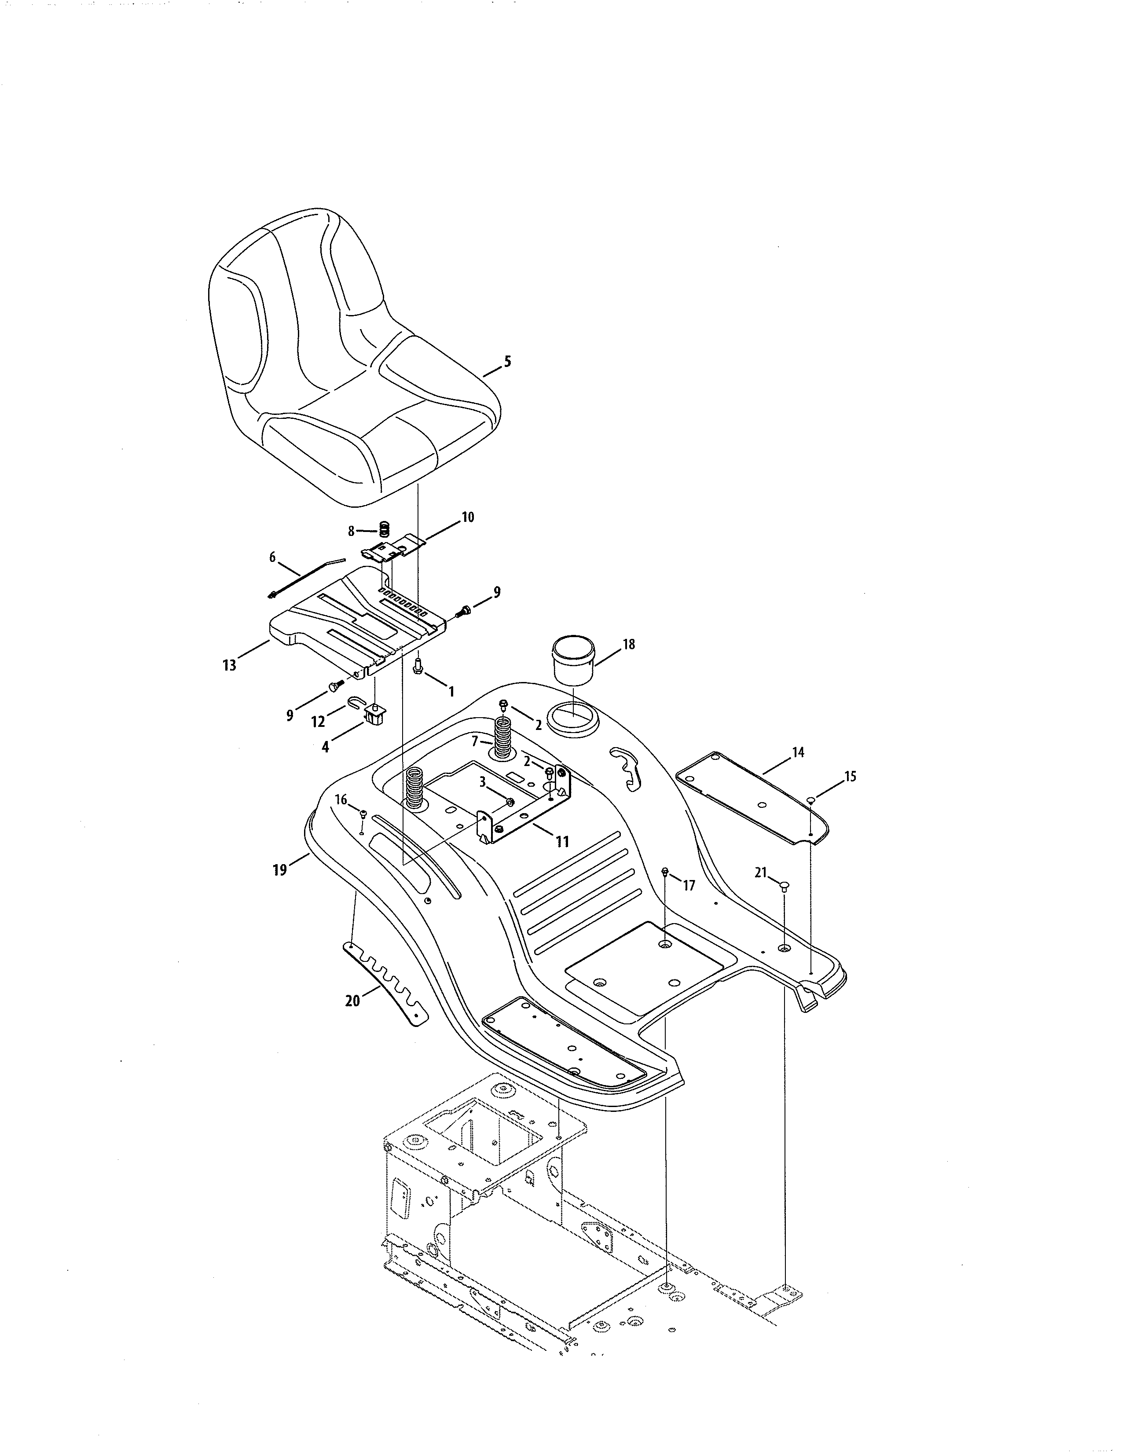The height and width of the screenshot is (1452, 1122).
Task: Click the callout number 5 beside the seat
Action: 508,362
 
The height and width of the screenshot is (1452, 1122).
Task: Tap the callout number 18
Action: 629,644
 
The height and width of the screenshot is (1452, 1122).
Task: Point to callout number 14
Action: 798,752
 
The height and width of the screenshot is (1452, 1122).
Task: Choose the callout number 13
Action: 229,665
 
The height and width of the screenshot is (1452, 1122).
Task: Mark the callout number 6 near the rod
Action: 272,557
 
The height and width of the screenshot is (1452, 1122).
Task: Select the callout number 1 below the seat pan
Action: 451,691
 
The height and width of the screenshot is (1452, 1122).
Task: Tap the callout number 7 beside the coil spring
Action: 475,741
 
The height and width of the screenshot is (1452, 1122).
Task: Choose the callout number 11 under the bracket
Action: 562,842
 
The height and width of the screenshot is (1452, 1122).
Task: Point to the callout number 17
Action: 689,886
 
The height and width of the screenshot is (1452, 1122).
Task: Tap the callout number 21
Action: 761,872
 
